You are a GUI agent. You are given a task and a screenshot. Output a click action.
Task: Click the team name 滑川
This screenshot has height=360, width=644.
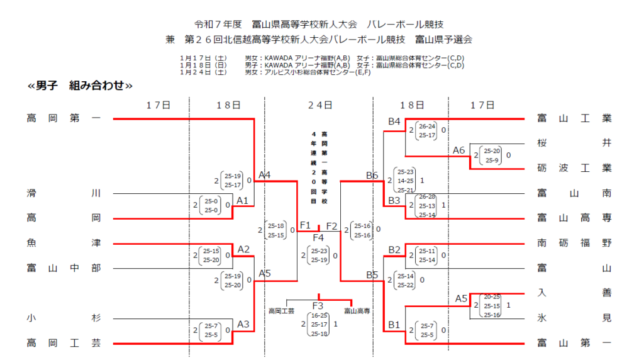click(64, 193)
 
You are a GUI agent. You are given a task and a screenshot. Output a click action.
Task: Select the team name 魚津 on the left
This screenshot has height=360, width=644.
click(64, 242)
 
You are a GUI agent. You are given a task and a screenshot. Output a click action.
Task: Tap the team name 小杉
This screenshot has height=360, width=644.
click(64, 318)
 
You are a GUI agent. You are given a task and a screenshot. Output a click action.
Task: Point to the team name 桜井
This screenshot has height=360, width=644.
click(574, 143)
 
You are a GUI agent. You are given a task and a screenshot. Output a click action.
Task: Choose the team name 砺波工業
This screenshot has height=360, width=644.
click(574, 168)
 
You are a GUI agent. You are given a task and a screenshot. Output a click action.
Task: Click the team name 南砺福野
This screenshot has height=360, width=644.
click(574, 242)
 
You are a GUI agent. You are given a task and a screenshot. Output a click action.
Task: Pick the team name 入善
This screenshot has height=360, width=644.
click(574, 293)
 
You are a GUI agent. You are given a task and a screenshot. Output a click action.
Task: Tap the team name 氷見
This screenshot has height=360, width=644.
click(574, 318)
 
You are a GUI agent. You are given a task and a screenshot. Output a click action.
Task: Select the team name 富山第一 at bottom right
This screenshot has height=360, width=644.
click(574, 343)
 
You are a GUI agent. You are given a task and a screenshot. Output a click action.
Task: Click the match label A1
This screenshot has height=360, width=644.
click(242, 200)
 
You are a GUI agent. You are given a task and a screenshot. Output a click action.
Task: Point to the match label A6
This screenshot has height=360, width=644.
click(459, 150)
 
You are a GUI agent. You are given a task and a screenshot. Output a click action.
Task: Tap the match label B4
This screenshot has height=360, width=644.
click(394, 121)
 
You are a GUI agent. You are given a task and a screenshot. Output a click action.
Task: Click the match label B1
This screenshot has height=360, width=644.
click(394, 325)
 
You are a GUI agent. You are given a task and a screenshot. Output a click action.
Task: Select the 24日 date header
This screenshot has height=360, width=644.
click(319, 105)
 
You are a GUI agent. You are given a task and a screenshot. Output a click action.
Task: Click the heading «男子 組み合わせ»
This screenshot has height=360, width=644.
click(80, 86)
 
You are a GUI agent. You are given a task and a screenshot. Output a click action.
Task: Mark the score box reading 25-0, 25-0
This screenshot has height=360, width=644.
click(212, 205)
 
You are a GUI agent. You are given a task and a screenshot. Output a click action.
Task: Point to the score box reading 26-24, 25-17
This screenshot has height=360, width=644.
click(427, 130)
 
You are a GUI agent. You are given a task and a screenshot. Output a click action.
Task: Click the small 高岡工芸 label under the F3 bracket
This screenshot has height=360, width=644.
click(281, 311)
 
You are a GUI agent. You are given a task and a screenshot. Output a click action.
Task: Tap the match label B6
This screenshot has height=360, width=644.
click(372, 176)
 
